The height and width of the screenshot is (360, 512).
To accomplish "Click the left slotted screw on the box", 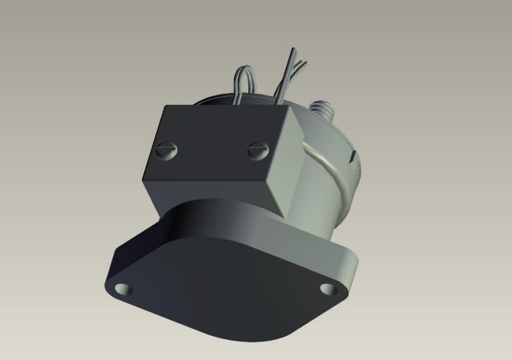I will [167, 150].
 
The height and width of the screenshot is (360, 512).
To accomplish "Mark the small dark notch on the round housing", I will [353, 158].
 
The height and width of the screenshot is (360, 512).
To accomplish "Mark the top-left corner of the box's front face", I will [163, 107].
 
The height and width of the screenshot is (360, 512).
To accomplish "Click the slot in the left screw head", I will [167, 150].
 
